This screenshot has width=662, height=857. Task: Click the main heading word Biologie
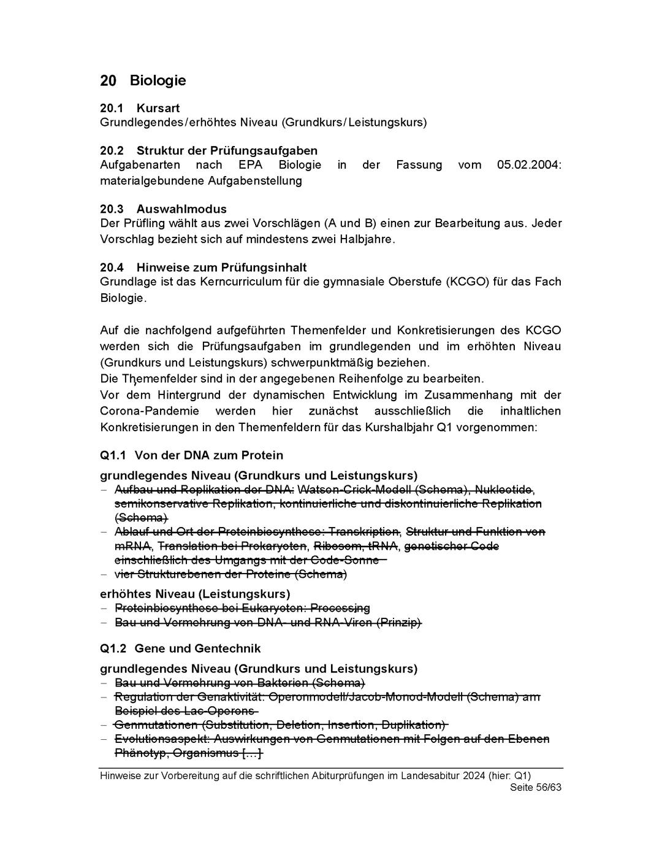coord(158,81)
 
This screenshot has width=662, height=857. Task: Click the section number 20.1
coord(112,109)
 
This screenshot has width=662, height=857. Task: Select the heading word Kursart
coord(158,109)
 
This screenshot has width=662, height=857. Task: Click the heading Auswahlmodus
coord(181,209)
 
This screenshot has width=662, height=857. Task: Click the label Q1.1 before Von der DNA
coord(113,456)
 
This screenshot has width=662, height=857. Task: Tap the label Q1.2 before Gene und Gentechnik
coord(113,649)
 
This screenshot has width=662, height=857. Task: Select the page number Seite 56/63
coord(535,788)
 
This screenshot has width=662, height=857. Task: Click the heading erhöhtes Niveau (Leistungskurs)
coord(195,594)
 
